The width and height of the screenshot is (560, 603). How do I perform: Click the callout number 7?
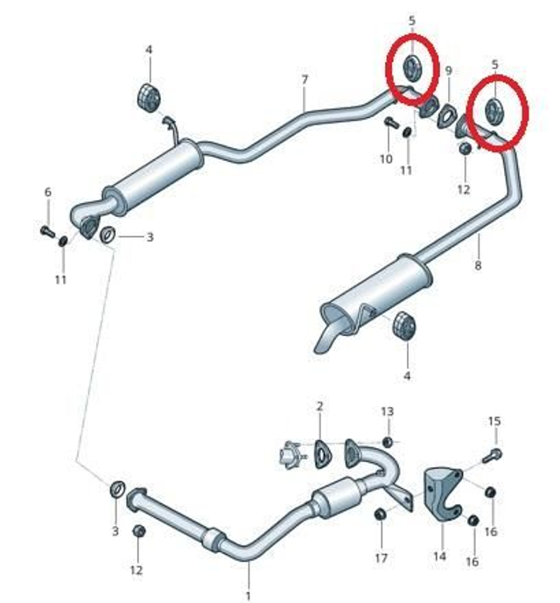[304, 80]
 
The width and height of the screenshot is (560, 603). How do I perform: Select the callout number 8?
[478, 265]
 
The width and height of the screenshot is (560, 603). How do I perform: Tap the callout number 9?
[449, 70]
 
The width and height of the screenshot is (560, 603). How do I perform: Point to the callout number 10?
[386, 158]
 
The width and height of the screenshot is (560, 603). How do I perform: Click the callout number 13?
[388, 411]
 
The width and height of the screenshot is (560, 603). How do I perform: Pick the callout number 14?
[439, 556]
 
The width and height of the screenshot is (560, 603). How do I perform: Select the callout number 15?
[494, 421]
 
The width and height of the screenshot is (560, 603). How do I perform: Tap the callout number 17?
[381, 557]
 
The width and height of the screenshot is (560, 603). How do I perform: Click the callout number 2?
[319, 406]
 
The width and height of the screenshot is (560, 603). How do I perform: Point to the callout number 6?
[48, 192]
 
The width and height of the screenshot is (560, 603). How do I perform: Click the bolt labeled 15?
[493, 455]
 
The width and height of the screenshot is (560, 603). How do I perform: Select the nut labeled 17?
[380, 514]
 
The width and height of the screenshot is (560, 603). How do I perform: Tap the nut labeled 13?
[388, 442]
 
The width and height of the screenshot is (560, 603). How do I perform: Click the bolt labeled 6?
[48, 232]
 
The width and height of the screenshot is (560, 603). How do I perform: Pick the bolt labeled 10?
[392, 123]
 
